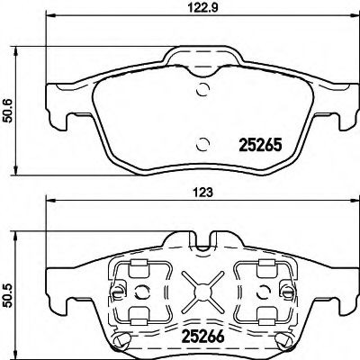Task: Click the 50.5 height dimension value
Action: point(9,298)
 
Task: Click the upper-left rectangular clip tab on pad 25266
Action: point(138,267)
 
